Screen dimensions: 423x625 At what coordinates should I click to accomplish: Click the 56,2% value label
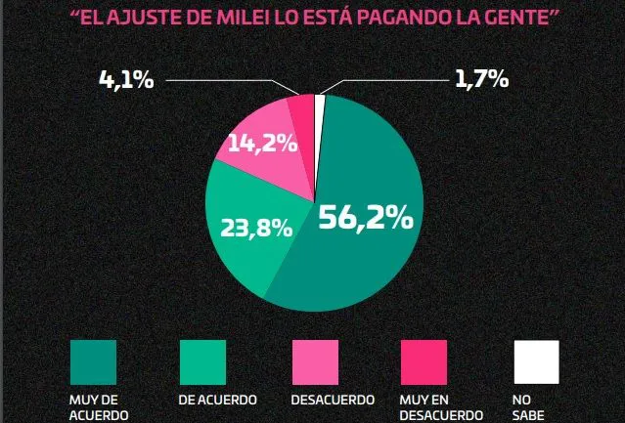pyautogui.click(x=365, y=218)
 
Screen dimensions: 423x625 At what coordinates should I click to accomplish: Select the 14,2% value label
pyautogui.click(x=262, y=143)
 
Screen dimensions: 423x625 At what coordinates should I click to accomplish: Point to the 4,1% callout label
pyautogui.click(x=126, y=80)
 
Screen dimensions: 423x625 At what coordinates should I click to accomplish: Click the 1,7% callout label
pyautogui.click(x=481, y=80)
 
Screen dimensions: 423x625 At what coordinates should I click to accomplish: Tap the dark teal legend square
pyautogui.click(x=93, y=361)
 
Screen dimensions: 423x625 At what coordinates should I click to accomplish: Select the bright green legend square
pyautogui.click(x=203, y=361)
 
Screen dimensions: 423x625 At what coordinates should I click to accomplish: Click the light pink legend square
pyautogui.click(x=315, y=361)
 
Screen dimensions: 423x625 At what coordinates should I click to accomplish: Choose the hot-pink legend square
pyautogui.click(x=425, y=361)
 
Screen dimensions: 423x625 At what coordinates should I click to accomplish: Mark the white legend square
pyautogui.click(x=536, y=361)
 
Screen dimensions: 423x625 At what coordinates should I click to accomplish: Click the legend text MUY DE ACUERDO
pyautogui.click(x=95, y=406)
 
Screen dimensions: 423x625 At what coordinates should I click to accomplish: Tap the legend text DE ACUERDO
pyautogui.click(x=217, y=400)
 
